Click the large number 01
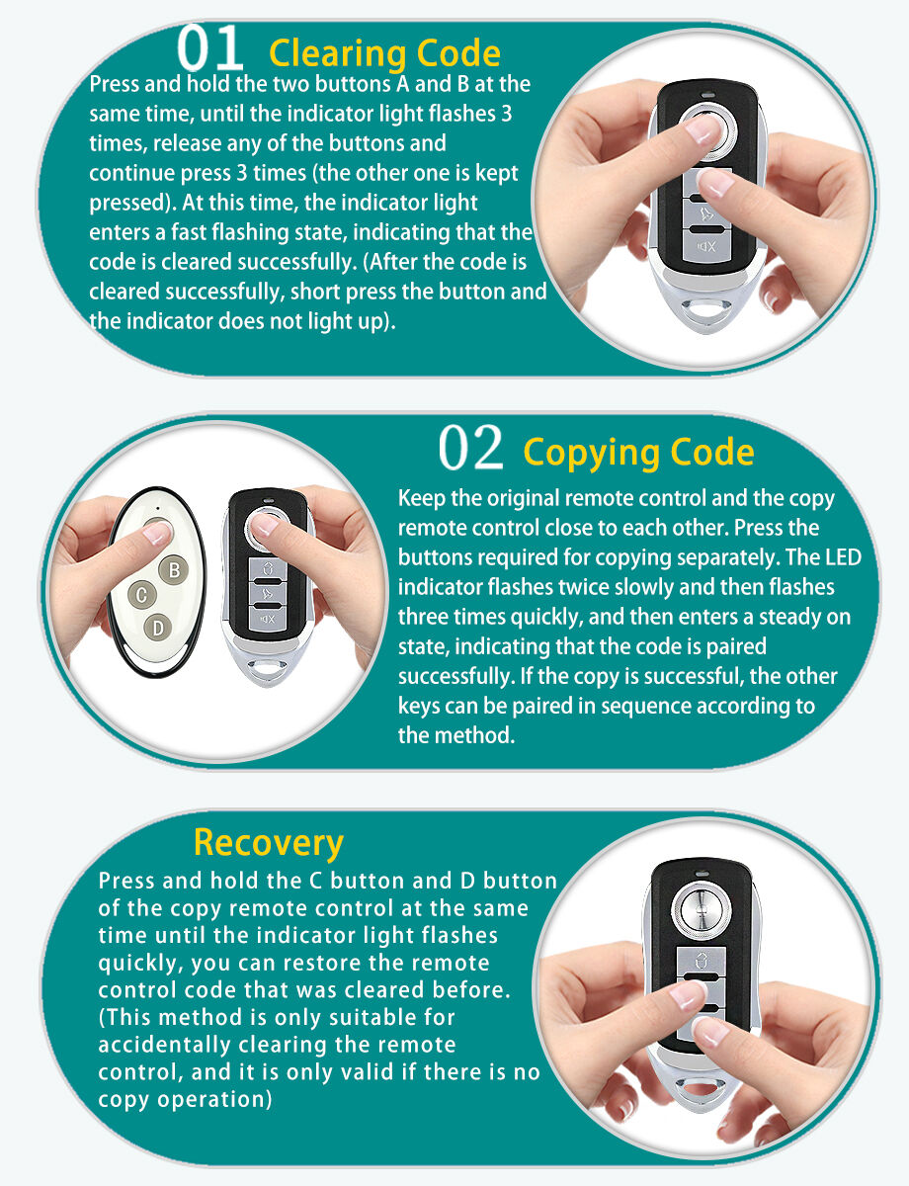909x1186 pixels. [x=209, y=48]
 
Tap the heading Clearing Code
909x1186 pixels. [x=384, y=53]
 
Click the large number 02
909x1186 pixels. [x=470, y=448]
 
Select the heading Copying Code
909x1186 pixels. [x=638, y=454]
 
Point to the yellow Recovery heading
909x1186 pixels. [x=269, y=843]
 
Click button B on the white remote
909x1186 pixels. [x=174, y=570]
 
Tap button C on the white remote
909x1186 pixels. [x=142, y=594]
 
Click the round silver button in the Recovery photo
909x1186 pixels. [x=702, y=911]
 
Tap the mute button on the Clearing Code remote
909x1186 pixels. [x=707, y=247]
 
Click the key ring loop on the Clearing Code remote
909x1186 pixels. [x=707, y=311]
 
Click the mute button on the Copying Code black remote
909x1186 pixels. [x=268, y=619]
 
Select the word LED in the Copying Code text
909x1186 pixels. [x=843, y=557]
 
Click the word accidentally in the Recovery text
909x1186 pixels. [x=164, y=1046]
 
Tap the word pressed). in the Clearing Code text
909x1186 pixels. [x=132, y=203]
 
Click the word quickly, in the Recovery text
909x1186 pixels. [x=140, y=964]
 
